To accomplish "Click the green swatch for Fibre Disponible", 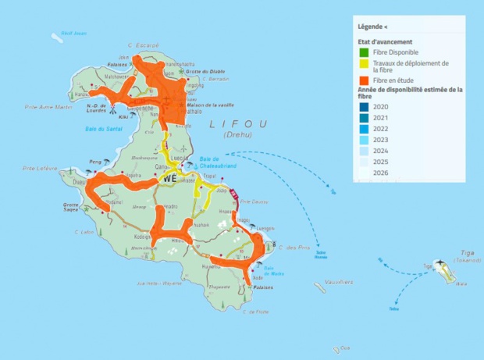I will point(364,52).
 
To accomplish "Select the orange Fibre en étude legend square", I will point(364,80).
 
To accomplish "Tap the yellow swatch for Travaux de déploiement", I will point(364,64).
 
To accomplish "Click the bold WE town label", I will point(170,178).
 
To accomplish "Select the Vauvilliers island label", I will point(336,282).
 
